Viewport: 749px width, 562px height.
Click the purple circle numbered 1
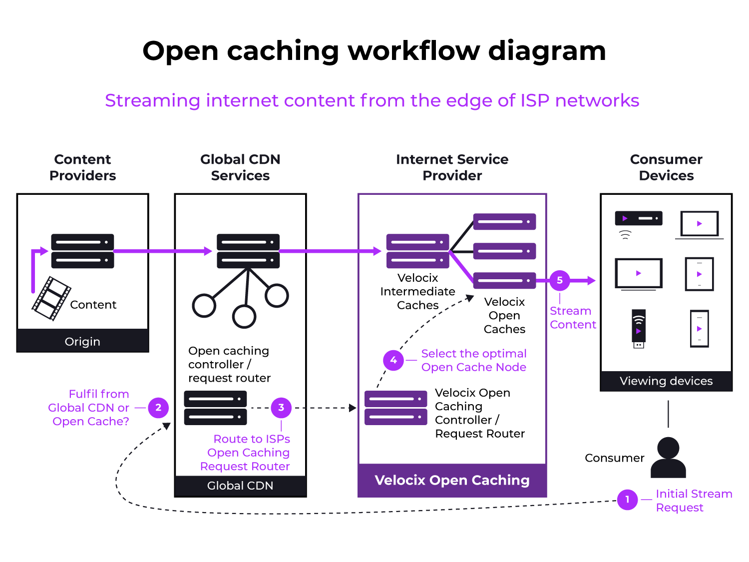(627, 500)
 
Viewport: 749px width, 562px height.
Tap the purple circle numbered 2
(158, 408)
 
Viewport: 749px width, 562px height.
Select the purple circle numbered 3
(281, 408)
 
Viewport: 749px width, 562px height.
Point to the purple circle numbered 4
(393, 360)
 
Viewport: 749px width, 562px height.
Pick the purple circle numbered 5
(560, 281)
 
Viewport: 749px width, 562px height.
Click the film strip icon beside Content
(51, 298)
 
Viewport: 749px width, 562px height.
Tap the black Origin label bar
(83, 341)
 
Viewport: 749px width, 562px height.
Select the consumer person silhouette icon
(668, 458)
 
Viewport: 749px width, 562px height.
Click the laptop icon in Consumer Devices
(699, 225)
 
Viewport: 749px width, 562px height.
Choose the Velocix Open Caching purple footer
(452, 480)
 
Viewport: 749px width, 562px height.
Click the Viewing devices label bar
(666, 381)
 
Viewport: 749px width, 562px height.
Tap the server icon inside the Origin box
(83, 251)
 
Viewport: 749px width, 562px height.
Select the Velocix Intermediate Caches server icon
(417, 251)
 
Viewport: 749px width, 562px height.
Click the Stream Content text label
(572, 318)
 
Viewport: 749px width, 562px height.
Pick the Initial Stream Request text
(693, 501)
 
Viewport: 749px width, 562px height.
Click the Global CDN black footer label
(240, 486)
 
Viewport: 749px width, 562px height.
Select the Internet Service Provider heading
(452, 167)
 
